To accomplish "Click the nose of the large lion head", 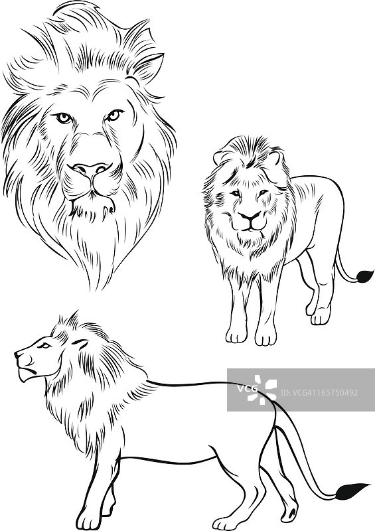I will point(91,169).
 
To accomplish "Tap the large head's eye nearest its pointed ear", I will point(114,115).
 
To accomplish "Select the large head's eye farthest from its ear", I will point(64,117).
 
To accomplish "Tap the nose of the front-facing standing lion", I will point(250,216).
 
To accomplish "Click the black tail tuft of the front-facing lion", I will point(364,275).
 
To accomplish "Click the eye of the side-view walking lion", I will point(44,345).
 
